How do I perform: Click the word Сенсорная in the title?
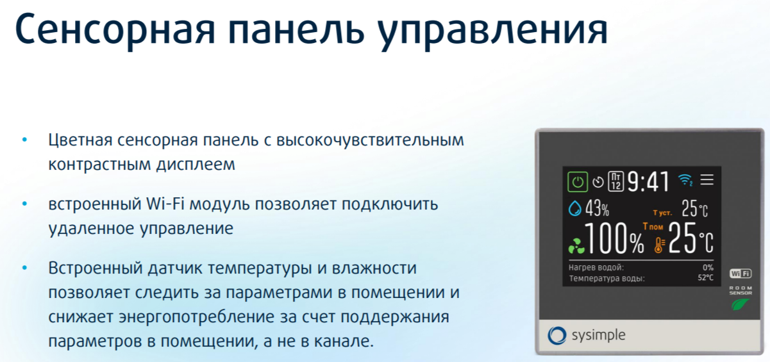[x=115, y=29]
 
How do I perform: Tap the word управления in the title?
[x=492, y=31]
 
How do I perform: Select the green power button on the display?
[x=578, y=182]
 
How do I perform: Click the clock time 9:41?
[x=649, y=182]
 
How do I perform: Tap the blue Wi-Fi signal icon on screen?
[x=685, y=179]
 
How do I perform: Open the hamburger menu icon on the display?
[x=707, y=179]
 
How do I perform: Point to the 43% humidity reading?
[x=597, y=208]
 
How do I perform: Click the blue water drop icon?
[x=574, y=208]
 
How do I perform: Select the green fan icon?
[x=576, y=246]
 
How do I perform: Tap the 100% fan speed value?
[x=614, y=238]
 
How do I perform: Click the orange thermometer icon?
[x=659, y=245]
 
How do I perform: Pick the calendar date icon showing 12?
[x=615, y=181]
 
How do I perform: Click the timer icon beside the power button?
[x=598, y=182]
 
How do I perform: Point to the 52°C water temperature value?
[x=705, y=278]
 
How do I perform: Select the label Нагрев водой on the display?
[x=596, y=268]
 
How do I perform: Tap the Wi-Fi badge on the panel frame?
[x=741, y=274]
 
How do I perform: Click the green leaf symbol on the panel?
[x=740, y=304]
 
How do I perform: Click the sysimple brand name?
[x=598, y=335]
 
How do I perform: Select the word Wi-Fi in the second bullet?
[x=165, y=204]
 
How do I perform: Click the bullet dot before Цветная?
[x=24, y=140]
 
